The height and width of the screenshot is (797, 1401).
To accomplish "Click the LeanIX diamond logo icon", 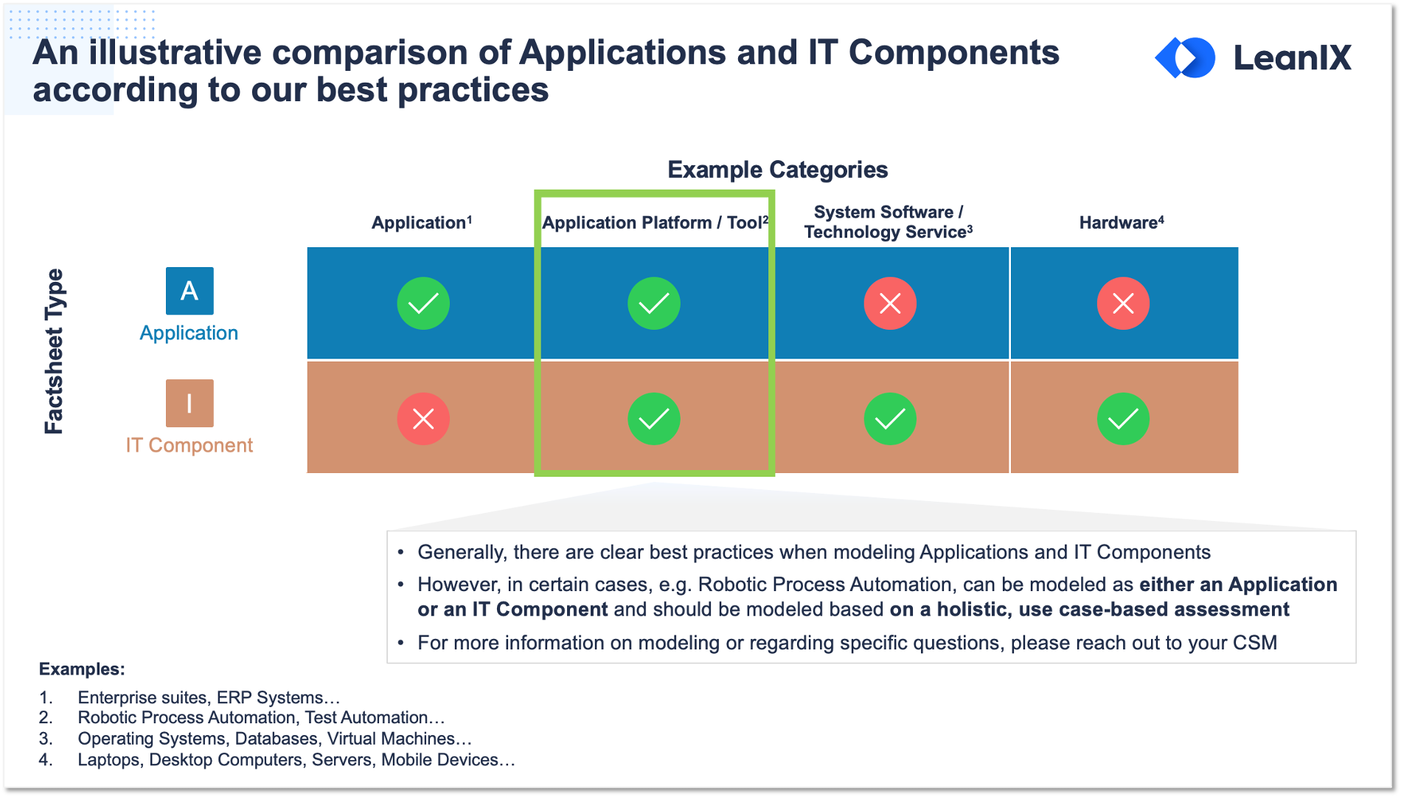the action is (1185, 58).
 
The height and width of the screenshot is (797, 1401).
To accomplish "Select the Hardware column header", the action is (1122, 222).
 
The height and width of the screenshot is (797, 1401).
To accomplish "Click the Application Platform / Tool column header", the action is (655, 222).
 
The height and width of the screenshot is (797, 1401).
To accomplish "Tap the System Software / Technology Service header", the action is (889, 221).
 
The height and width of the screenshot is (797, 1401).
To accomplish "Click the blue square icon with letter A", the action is (190, 291).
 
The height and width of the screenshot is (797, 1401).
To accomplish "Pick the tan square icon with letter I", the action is (190, 403).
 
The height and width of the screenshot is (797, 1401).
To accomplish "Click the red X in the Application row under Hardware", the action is (1123, 303).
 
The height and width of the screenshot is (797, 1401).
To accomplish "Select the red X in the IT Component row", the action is (423, 419).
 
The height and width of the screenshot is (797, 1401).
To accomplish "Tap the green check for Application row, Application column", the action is (423, 303).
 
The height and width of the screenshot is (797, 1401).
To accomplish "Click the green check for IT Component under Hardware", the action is (1123, 419).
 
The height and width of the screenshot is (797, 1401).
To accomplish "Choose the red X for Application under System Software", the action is (890, 303).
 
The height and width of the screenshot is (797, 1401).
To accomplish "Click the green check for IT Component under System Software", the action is (890, 419).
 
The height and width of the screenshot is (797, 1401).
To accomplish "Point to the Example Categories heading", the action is (777, 170).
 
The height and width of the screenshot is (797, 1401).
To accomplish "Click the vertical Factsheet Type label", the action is (54, 351).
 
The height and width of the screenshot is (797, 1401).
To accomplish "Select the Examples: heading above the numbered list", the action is (82, 669).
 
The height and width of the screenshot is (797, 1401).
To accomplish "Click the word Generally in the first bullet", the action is (463, 553).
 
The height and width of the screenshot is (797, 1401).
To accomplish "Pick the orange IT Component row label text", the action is (189, 445).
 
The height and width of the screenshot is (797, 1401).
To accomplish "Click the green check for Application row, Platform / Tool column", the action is (654, 303).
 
